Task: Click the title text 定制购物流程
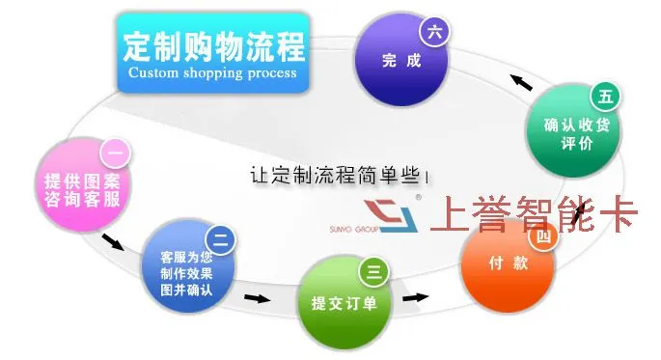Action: click(213, 46)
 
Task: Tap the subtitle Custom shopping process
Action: click(212, 72)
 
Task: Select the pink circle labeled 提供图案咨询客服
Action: click(83, 184)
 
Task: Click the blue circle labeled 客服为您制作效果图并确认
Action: click(187, 266)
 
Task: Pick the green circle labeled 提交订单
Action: click(344, 303)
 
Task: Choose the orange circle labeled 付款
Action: click(508, 265)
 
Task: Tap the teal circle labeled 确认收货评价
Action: click(574, 130)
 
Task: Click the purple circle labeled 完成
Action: click(401, 60)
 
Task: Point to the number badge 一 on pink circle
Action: click(115, 153)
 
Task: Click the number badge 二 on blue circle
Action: click(220, 240)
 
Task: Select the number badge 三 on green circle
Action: click(373, 272)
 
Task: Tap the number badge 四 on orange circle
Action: click(543, 236)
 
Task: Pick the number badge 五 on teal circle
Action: click(605, 97)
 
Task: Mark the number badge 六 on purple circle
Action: click(434, 32)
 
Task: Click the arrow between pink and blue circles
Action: click(113, 241)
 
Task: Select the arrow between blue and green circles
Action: click(257, 298)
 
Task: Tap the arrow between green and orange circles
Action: click(415, 297)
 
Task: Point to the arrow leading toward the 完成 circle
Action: click(521, 82)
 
